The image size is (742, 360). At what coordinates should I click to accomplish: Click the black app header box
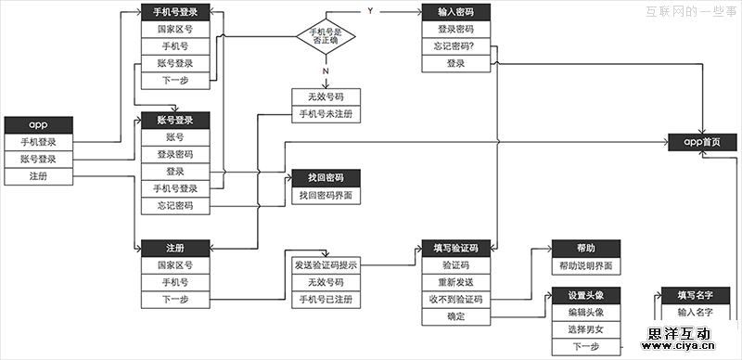[38, 125]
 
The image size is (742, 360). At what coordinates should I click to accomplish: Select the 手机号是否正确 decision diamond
[325, 38]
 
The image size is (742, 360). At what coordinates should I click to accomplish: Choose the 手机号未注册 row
[325, 114]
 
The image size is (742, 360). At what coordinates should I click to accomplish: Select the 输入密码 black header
[455, 12]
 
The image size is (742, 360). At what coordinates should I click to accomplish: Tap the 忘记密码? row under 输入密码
[455, 46]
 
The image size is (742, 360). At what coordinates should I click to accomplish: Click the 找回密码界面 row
[325, 196]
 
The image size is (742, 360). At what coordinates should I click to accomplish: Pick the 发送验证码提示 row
[325, 265]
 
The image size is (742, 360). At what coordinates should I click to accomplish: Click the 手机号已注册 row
[325, 300]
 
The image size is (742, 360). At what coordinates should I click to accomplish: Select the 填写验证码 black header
[455, 249]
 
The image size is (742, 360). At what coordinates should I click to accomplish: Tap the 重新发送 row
[455, 282]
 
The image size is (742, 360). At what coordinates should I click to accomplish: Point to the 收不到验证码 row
[455, 300]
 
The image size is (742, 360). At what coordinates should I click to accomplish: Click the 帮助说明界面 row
[585, 266]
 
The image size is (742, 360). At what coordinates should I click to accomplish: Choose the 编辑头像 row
[585, 313]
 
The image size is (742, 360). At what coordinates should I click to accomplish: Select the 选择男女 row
[585, 330]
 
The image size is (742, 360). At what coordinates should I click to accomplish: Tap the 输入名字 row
[697, 313]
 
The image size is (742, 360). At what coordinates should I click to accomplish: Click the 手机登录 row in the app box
[38, 142]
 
